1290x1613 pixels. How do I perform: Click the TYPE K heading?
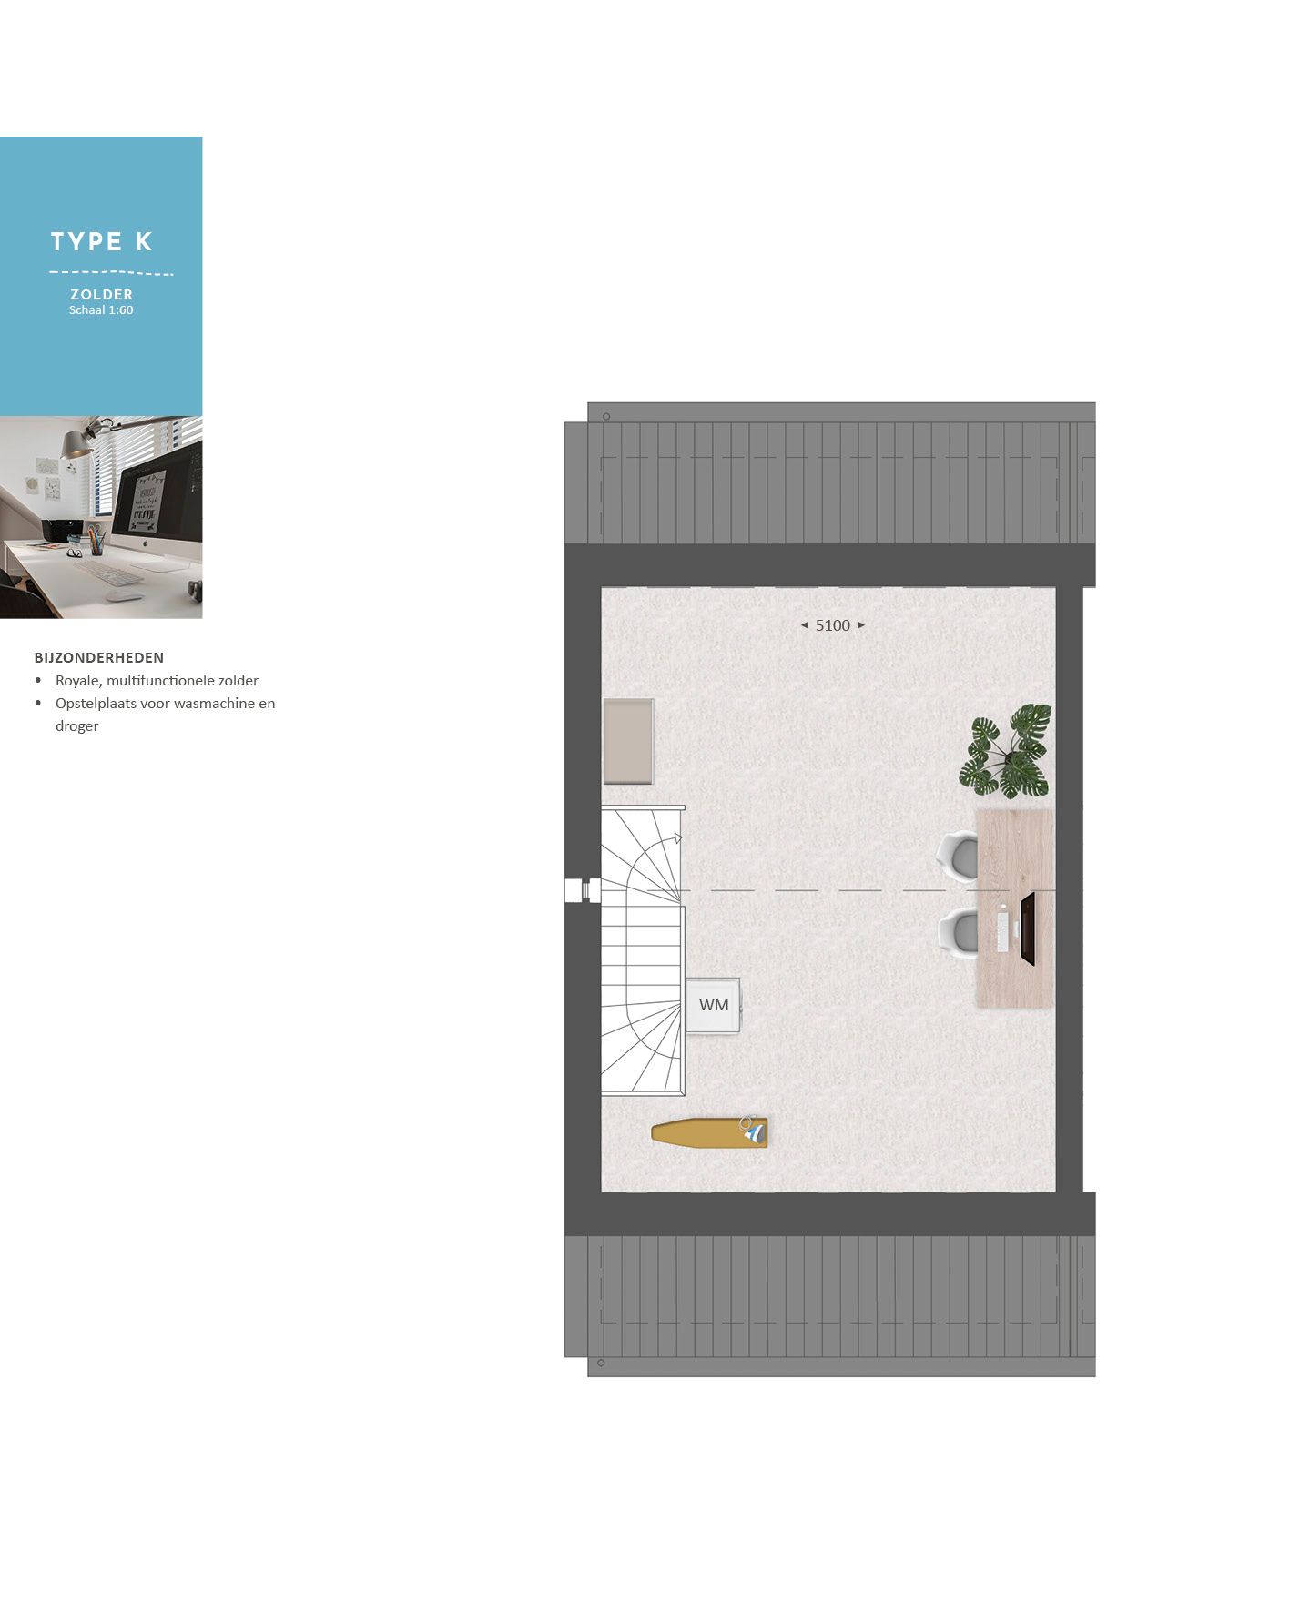[101, 241]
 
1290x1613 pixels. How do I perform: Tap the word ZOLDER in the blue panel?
[101, 294]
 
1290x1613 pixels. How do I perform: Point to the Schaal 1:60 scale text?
[101, 310]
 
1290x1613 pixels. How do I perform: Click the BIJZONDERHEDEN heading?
[99, 657]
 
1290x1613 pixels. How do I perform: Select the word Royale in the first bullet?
[76, 681]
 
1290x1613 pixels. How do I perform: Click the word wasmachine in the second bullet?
[210, 704]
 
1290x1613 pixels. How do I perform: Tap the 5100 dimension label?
[832, 625]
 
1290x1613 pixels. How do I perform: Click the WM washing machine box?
[713, 1006]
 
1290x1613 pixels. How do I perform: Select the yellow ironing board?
[701, 1132]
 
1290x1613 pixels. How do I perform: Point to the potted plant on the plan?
[1006, 753]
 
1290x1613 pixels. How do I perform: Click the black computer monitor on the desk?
[1028, 928]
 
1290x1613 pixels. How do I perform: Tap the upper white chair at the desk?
[958, 855]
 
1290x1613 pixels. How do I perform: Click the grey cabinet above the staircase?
[628, 741]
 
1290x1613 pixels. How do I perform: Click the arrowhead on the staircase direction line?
[678, 838]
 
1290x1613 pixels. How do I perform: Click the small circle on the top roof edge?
[606, 416]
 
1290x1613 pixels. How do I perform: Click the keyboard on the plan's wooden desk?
[1003, 929]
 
